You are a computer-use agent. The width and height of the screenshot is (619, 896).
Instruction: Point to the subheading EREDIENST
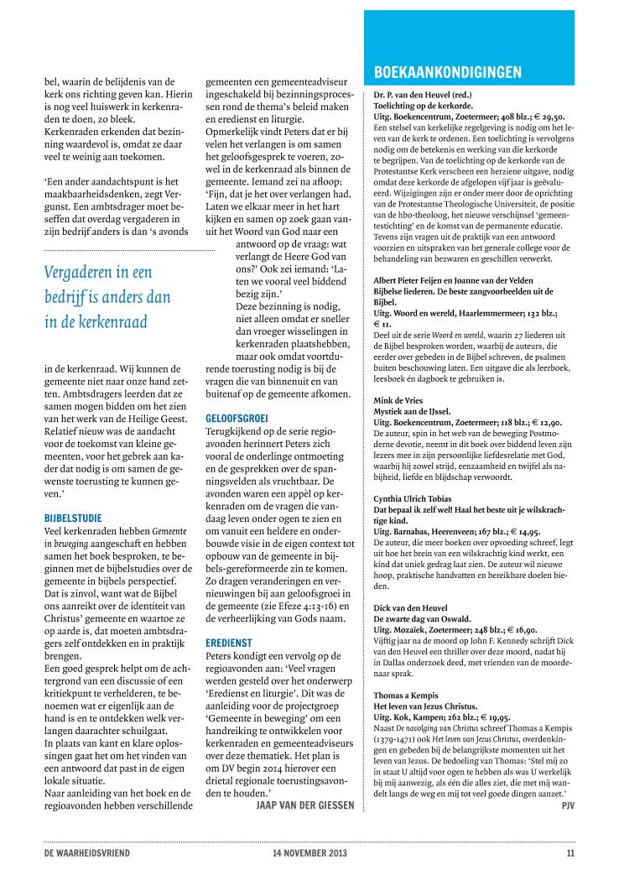pyautogui.click(x=229, y=642)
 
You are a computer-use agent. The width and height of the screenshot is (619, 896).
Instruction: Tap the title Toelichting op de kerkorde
pyautogui.click(x=423, y=107)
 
